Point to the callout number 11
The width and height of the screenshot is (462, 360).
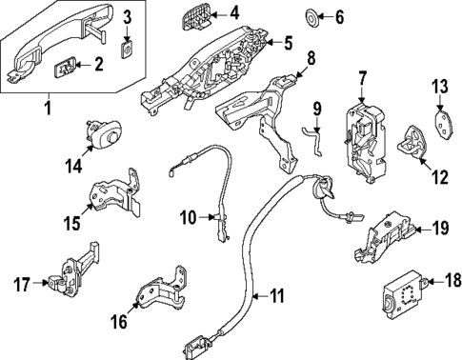(x=275, y=295)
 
